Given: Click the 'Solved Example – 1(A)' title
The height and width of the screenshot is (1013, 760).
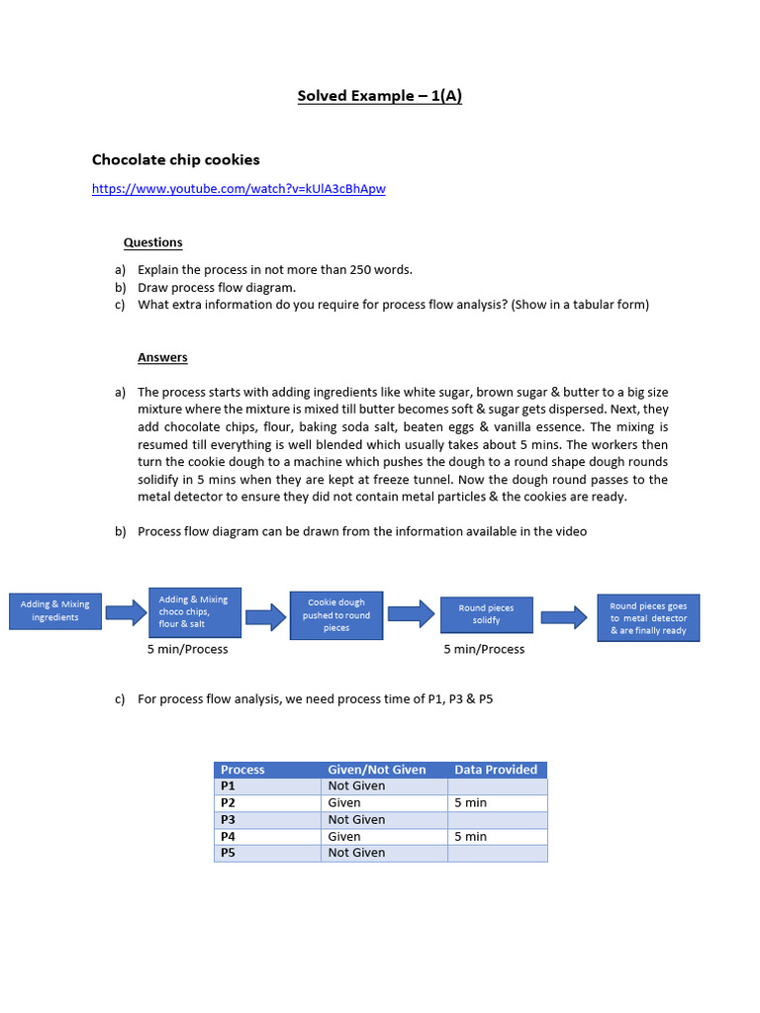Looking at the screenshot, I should [x=380, y=96].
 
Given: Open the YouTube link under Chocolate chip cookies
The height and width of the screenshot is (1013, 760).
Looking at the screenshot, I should [x=238, y=189].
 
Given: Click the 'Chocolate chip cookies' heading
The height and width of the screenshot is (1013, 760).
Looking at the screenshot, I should [x=176, y=160].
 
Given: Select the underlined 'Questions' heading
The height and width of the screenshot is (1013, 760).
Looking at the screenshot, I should [x=152, y=242].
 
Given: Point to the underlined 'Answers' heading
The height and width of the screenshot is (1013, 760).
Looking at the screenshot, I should [x=162, y=357].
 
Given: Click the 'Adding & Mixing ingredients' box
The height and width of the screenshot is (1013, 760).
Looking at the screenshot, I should [x=54, y=611].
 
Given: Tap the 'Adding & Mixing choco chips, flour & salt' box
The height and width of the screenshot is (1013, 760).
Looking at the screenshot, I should [x=194, y=611].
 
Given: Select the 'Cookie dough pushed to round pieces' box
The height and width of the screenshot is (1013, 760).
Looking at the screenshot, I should [x=336, y=614].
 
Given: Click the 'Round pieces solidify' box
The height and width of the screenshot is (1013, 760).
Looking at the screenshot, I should [x=486, y=614].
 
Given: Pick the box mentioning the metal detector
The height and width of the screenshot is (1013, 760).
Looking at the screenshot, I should [x=648, y=618].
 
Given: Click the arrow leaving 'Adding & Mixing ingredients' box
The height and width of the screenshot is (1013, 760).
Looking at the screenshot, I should [x=125, y=612].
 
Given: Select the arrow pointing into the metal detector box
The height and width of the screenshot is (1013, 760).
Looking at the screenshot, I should [x=564, y=617].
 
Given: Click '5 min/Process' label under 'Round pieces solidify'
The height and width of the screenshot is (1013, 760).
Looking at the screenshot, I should [x=484, y=650].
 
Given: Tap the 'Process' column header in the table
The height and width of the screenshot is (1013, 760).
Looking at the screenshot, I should [x=242, y=770].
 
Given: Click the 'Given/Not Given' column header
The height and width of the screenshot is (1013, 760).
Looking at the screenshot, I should [x=377, y=770].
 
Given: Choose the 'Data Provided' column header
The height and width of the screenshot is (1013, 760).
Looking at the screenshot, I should [x=496, y=770].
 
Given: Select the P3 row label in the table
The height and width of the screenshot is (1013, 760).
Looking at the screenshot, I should [x=229, y=820].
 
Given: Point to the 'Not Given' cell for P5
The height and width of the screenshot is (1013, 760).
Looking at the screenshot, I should [x=356, y=853].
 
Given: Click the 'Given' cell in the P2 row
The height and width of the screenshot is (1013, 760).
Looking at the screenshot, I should [x=344, y=803].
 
